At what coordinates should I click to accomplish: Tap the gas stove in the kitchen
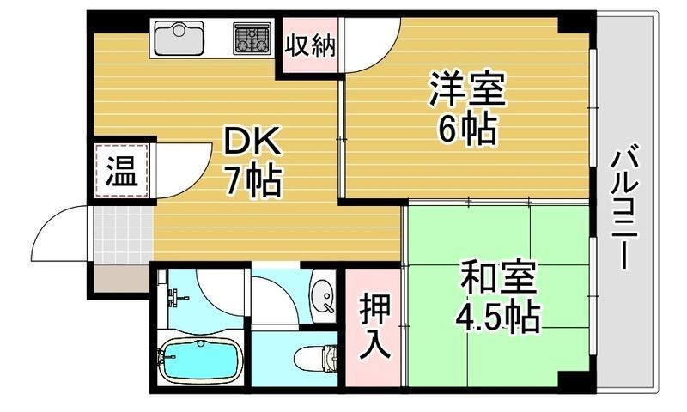[251, 38]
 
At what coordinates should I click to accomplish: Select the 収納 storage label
[309, 45]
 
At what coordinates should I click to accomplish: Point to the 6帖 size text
[467, 129]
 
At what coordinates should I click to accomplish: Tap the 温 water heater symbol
[121, 171]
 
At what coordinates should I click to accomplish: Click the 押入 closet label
[373, 326]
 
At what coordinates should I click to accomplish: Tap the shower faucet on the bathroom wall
[177, 297]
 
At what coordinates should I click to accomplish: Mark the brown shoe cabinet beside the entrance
[120, 280]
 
